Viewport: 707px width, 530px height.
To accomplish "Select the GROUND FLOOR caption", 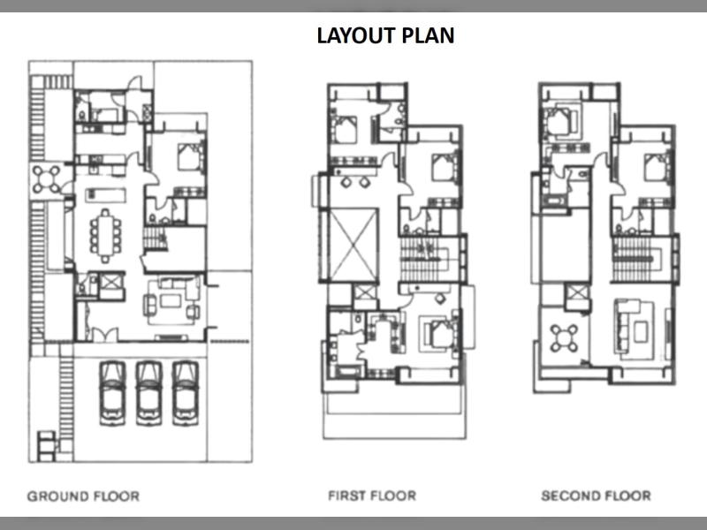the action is [83, 496].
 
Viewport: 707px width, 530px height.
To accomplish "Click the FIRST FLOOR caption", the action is [372, 496].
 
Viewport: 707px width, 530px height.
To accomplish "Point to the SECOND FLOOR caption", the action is [596, 496].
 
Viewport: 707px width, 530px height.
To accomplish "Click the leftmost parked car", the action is [112, 393].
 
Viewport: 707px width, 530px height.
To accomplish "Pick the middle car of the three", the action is [148, 393].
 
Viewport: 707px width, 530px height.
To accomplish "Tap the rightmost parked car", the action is [186, 393].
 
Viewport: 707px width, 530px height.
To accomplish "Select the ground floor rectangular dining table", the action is [105, 236].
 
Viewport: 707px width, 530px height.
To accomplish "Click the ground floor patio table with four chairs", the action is [47, 179].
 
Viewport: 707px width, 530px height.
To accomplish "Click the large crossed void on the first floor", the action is [353, 245].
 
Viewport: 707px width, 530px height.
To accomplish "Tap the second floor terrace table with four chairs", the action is [564, 338].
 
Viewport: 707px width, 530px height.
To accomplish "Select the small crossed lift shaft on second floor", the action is [577, 292].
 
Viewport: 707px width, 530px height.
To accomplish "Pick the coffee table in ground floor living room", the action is [171, 300].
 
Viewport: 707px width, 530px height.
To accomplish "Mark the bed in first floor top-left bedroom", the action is [345, 130].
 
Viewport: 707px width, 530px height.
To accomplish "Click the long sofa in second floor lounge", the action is [625, 328].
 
